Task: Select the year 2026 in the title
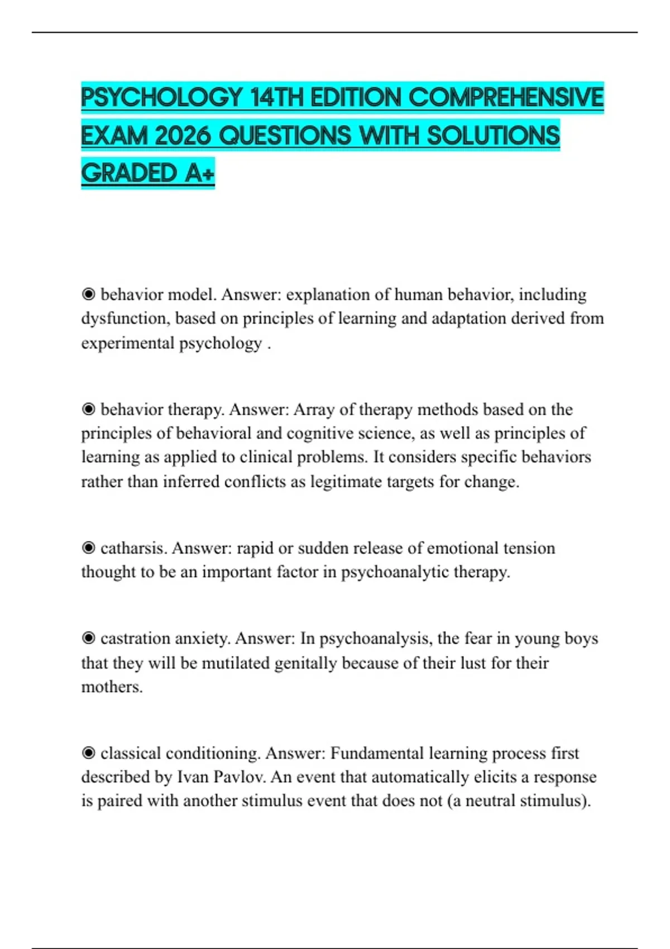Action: (x=184, y=136)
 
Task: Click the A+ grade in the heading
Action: (x=199, y=173)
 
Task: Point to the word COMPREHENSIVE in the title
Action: (x=506, y=98)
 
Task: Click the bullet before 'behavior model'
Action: (x=88, y=294)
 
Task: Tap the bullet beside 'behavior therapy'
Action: (x=88, y=409)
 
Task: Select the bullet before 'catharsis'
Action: (x=88, y=548)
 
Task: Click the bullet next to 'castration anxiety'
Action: (x=88, y=638)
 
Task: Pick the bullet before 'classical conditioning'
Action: (x=88, y=753)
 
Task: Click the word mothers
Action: (x=112, y=687)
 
